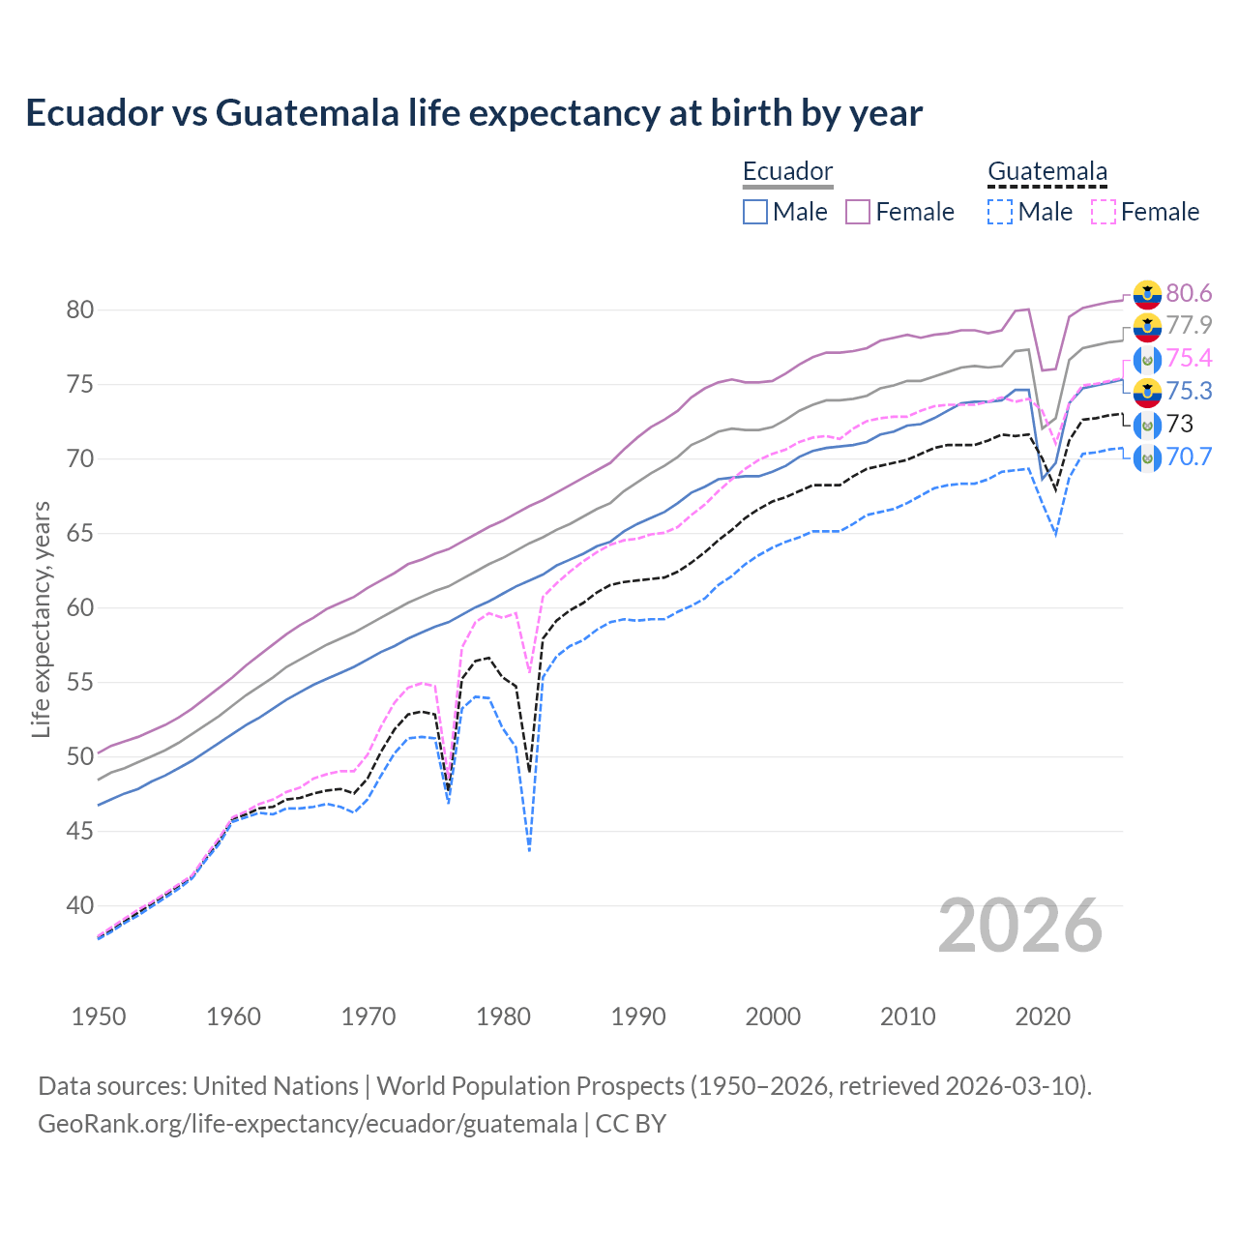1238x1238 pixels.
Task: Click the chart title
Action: [474, 113]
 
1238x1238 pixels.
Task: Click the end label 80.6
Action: [1189, 293]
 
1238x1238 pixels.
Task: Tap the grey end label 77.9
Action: [1189, 325]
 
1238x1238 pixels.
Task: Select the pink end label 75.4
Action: [1189, 358]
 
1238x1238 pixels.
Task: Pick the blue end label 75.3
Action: [1189, 391]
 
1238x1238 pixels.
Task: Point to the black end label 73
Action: [1180, 424]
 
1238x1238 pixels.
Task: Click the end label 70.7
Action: [1189, 457]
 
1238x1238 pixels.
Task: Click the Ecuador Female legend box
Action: [858, 212]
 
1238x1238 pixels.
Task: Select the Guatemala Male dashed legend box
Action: [1000, 212]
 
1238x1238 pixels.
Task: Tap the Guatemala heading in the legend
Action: [1046, 172]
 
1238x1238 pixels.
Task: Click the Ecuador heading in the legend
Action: [787, 172]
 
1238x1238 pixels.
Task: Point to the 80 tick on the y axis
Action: [79, 310]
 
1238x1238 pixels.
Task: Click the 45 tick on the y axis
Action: [79, 831]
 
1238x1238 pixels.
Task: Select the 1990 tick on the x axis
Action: [638, 1017]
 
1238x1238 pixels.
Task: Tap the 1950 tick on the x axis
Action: [100, 1017]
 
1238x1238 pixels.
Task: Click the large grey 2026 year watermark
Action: [1019, 926]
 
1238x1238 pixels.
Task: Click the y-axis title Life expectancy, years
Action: [41, 619]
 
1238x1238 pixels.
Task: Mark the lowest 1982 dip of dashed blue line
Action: [529, 850]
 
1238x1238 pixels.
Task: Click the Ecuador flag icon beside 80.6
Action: [1147, 294]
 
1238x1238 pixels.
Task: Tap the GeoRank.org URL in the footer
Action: [308, 1124]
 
